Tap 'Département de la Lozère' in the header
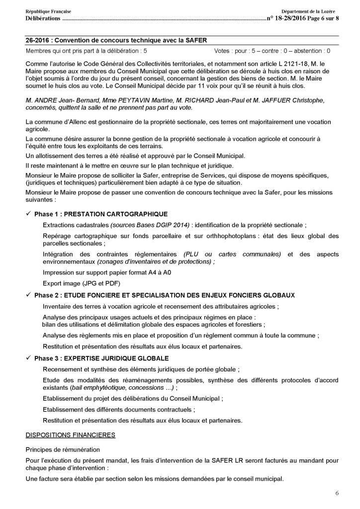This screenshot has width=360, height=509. click(308, 11)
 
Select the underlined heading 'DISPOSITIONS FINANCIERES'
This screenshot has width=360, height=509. click(70, 435)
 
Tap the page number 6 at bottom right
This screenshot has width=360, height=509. click(337, 493)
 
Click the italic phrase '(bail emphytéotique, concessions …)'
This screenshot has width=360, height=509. click(121, 388)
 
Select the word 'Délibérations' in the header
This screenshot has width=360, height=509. click(42, 18)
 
